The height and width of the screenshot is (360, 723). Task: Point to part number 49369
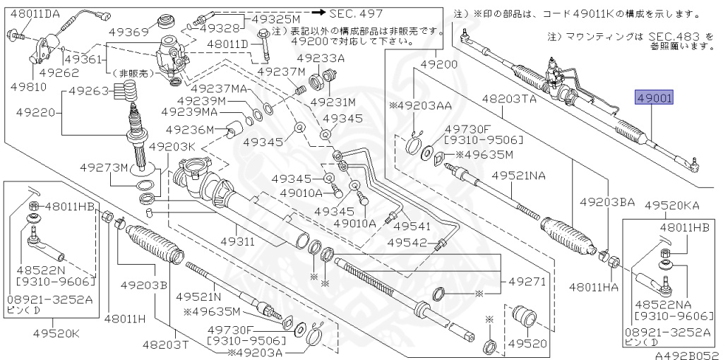[126, 32]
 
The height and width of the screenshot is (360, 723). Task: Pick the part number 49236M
[190, 129]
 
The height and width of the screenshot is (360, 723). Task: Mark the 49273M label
[104, 168]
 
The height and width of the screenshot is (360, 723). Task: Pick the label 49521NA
[519, 174]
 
